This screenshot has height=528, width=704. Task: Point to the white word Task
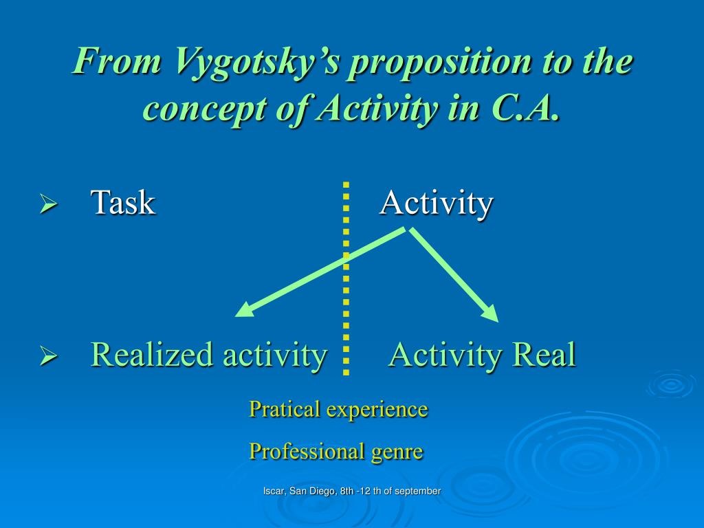tap(123, 202)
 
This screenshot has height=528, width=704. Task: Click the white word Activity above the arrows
tap(437, 203)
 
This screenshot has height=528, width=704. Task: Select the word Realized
tap(152, 354)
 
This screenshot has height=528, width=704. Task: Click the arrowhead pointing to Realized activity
tap(245, 310)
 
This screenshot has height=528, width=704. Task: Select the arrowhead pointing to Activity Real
tap(491, 313)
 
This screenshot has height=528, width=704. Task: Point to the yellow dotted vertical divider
tap(346, 278)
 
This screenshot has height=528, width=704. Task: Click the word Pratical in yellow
tap(285, 409)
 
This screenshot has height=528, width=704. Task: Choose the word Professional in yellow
tap(307, 451)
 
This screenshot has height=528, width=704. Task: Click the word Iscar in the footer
tap(274, 491)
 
